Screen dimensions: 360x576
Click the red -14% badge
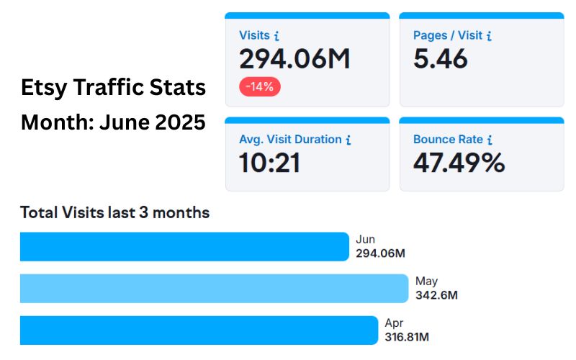tap(260, 87)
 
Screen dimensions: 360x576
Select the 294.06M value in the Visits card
tap(294, 59)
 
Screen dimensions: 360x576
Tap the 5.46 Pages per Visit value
tap(441, 59)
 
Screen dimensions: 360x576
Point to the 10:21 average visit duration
tap(270, 163)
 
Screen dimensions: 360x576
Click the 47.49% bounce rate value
tap(459, 163)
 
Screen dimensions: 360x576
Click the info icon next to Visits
tap(277, 35)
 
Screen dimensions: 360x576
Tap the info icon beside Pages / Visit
tap(489, 35)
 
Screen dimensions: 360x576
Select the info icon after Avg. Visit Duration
tap(348, 140)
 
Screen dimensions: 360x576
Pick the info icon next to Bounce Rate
tap(490, 140)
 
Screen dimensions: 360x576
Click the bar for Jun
tap(184, 246)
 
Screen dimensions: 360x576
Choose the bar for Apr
tap(199, 330)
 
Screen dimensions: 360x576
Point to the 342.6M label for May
tap(436, 295)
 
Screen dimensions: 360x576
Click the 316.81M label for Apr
tap(407, 337)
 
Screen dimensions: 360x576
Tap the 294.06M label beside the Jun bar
tap(380, 253)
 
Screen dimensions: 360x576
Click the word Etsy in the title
tap(43, 88)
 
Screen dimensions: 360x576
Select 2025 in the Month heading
tap(180, 122)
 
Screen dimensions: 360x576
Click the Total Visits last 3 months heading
tap(115, 212)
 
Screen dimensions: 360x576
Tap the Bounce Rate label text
tap(446, 140)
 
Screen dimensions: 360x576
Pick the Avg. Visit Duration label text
tap(290, 140)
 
